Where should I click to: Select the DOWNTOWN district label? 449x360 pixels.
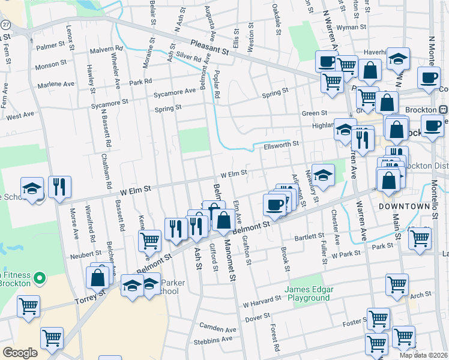tap(405, 206)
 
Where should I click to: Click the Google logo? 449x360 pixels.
tap(20, 353)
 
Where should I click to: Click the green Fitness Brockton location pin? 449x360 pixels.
tap(40, 278)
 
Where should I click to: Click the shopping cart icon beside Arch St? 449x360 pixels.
tap(397, 286)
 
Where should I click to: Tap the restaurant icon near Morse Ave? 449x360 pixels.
tap(59, 187)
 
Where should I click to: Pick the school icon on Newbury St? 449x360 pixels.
tap(323, 175)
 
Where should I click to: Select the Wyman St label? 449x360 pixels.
tap(351, 28)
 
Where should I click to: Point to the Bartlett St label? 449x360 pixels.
tap(309, 237)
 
